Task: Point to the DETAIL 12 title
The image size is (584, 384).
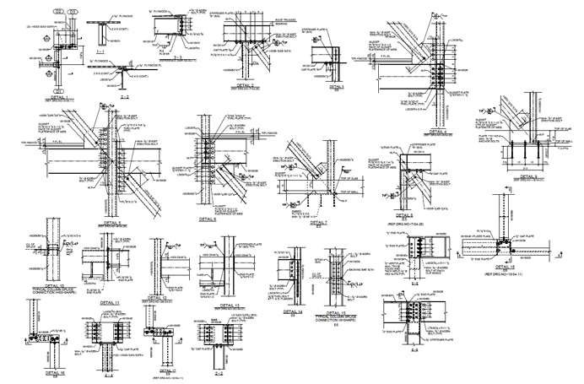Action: tap(162, 297)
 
